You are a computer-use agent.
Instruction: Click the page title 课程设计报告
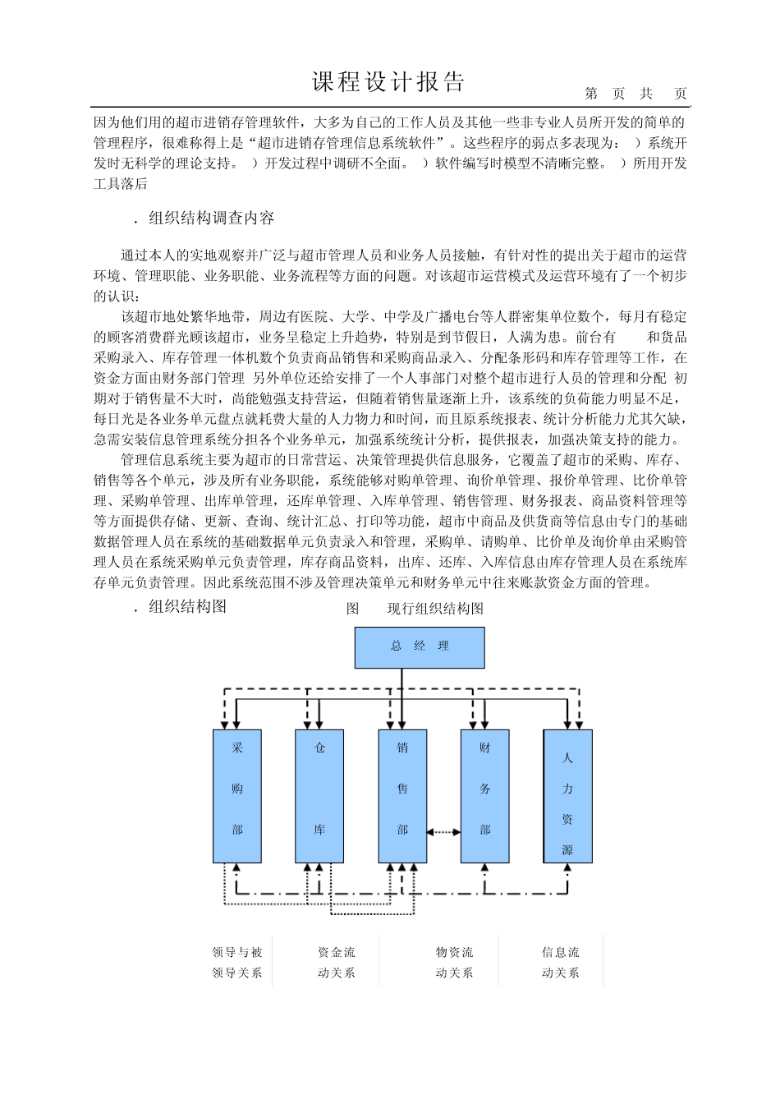click(x=389, y=82)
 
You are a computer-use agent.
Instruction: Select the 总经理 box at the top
click(x=420, y=647)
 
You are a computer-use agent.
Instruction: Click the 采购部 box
click(x=237, y=796)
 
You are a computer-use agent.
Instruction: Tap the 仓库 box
click(x=319, y=796)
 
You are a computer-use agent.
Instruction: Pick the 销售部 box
click(x=402, y=796)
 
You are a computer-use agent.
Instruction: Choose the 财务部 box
click(x=484, y=796)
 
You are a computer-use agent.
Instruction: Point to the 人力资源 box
click(x=567, y=796)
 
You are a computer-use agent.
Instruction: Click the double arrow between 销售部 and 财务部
click(x=443, y=832)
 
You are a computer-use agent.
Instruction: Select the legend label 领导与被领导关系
click(x=237, y=963)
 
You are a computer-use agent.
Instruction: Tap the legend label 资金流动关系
click(x=337, y=963)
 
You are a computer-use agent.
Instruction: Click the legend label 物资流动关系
click(x=454, y=963)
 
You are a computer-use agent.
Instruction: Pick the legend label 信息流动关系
click(x=560, y=963)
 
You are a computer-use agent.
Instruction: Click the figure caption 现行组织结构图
click(x=435, y=609)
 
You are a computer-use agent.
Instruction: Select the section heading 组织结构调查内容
click(x=211, y=218)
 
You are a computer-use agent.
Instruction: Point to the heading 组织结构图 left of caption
click(x=187, y=608)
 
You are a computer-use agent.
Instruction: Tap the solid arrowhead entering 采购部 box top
click(x=237, y=724)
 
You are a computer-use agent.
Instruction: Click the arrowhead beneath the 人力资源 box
click(x=567, y=868)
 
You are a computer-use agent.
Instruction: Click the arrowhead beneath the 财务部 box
click(x=484, y=868)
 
